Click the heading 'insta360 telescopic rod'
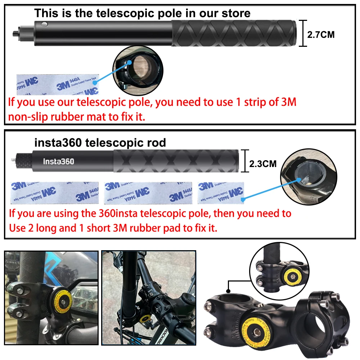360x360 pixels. pos(100,143)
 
